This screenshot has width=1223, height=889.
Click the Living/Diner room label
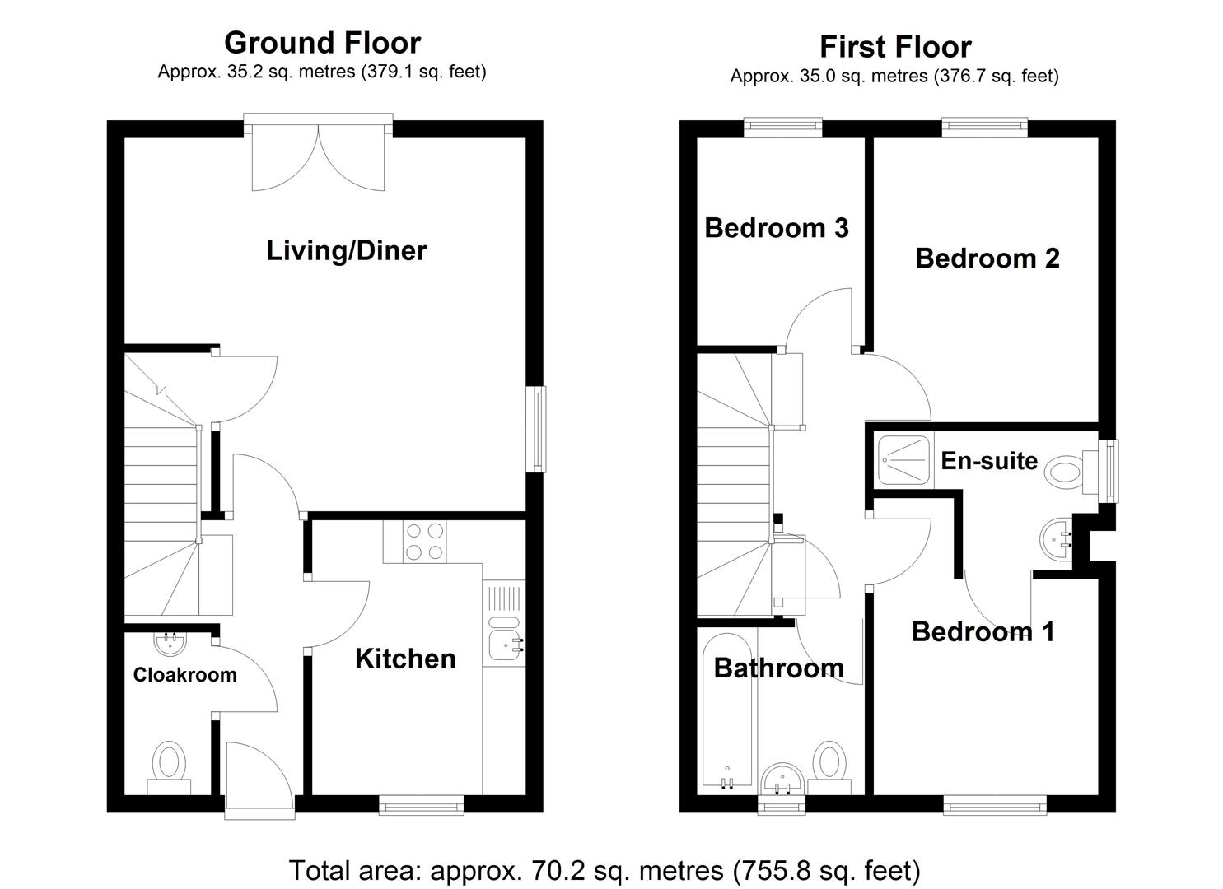347,250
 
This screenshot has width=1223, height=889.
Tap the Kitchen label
405,659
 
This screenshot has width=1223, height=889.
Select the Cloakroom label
185,675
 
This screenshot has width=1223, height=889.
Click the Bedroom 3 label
776,227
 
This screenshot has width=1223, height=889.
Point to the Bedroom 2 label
987,258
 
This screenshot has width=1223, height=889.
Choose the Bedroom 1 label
983,631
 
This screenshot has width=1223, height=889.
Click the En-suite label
989,460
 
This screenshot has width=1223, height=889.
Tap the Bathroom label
778,668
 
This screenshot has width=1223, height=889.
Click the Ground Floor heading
322,43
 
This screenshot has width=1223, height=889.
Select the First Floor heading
894,47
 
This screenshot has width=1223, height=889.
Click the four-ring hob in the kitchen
425,542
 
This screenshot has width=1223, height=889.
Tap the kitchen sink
503,638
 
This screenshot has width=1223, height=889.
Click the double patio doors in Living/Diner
318,156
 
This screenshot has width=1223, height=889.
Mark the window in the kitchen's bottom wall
421,804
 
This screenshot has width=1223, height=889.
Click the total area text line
604,870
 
